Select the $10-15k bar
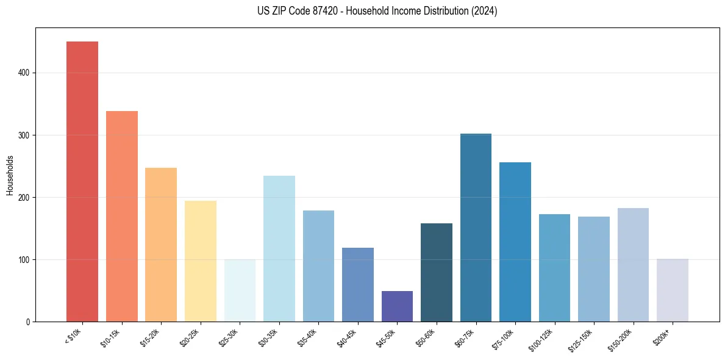pos(122,216)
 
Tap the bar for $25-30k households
pos(240,290)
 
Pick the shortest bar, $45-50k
pos(397,306)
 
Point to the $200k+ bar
pos(673,290)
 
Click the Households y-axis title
pos(10,175)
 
